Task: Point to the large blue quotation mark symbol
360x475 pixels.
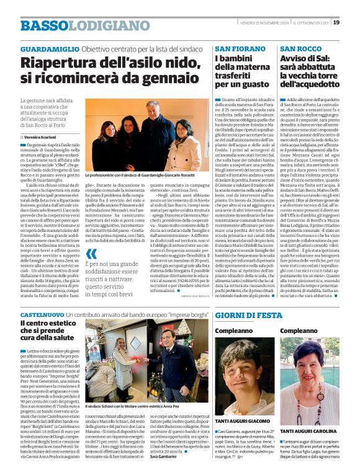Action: point(92,253)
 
